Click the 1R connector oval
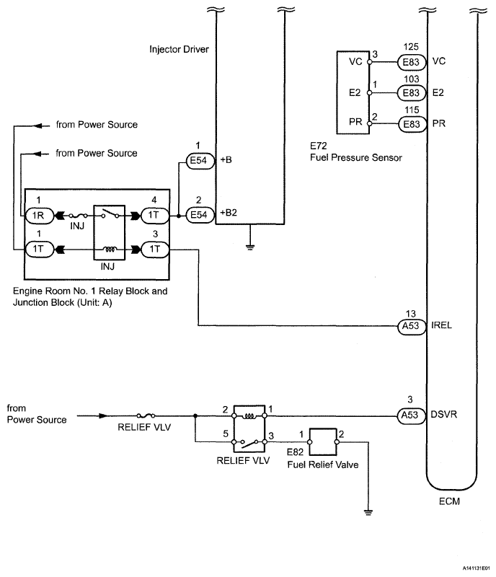click(36, 215)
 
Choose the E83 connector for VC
click(412, 62)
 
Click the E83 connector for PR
click(412, 123)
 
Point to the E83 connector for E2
click(412, 93)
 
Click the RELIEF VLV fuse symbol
click(149, 415)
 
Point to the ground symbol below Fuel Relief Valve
click(368, 513)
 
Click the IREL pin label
click(442, 325)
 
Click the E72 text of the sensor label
click(315, 145)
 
